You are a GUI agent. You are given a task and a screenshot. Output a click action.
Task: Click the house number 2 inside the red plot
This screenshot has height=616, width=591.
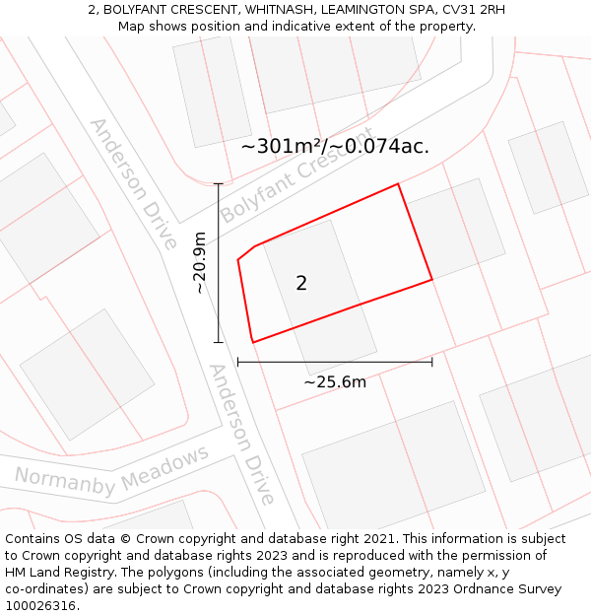pos(301,284)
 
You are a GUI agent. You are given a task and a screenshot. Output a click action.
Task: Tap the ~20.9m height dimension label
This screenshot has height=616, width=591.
pos(200,263)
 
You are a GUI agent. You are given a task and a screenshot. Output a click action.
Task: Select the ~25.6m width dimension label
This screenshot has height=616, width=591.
pos(335,382)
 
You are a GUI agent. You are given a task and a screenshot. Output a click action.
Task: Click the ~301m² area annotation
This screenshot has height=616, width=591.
pos(335,147)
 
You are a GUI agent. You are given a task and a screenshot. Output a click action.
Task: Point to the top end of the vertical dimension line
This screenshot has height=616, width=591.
pos(219,184)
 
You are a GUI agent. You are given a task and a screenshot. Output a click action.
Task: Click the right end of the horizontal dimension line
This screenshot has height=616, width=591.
pos(432,363)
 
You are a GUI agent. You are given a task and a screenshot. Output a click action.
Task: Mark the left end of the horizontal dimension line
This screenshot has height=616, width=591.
pos(238,363)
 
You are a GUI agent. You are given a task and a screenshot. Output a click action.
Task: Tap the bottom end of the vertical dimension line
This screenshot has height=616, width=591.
pos(219,343)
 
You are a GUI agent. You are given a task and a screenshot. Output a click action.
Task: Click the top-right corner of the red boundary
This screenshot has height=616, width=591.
pos(398,184)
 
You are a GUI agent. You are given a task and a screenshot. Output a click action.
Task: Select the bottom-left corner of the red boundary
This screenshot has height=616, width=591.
pos(252,342)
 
